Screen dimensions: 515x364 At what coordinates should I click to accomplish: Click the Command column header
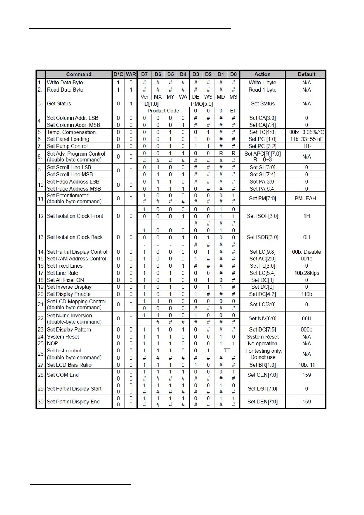pyautogui.click(x=79, y=74)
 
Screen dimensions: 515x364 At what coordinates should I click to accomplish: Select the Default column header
pyautogui.click(x=306, y=74)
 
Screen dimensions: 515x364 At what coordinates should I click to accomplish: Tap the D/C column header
pyautogui.click(x=118, y=74)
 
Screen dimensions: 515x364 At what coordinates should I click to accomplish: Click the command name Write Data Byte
pyautogui.click(x=65, y=83)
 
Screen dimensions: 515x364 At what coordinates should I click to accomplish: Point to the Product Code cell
pyautogui.click(x=163, y=111)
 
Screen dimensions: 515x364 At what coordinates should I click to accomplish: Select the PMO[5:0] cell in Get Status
pyautogui.click(x=202, y=104)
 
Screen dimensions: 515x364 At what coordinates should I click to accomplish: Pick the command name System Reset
pyautogui.click(x=63, y=337)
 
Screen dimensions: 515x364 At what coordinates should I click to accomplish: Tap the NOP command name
pyautogui.click(x=53, y=344)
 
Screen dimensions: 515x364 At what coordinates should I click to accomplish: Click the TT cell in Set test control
pyautogui.click(x=227, y=351)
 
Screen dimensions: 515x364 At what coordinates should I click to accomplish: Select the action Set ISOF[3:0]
pyautogui.click(x=262, y=216)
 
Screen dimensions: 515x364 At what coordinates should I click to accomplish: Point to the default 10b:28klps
pyautogui.click(x=306, y=273)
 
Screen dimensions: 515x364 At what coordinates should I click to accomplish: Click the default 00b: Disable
pyautogui.click(x=306, y=252)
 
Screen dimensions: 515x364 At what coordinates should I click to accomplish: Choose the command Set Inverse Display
pyautogui.click(x=69, y=287)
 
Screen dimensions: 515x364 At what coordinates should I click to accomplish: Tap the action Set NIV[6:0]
pyautogui.click(x=262, y=319)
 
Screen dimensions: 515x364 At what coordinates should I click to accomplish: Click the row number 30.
pyautogui.click(x=41, y=402)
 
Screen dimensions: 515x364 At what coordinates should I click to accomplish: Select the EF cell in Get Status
pyautogui.click(x=233, y=111)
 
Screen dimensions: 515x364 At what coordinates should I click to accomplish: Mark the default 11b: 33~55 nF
pyautogui.click(x=306, y=139)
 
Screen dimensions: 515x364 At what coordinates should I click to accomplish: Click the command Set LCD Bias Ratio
pyautogui.click(x=69, y=365)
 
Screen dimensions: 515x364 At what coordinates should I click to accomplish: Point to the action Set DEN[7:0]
pyautogui.click(x=262, y=402)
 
